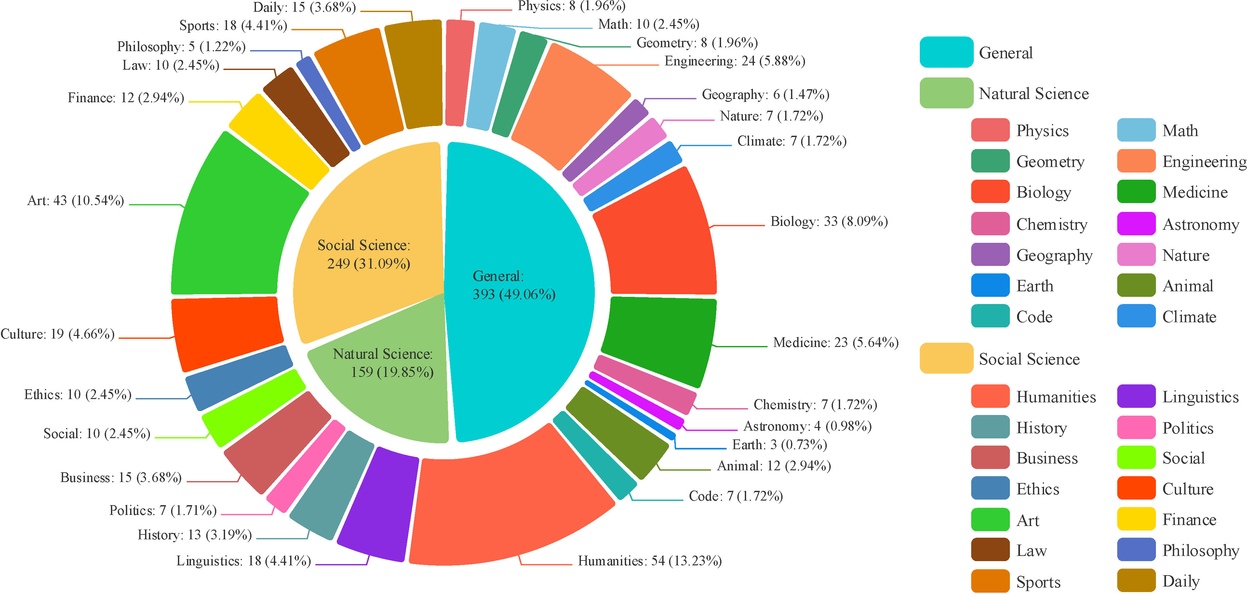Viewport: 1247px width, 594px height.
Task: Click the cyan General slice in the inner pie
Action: [518, 291]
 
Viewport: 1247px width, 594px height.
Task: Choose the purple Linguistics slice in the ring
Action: [378, 504]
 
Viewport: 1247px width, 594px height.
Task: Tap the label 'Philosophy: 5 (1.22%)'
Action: [181, 47]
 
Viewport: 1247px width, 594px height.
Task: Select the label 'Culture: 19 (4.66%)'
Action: [58, 334]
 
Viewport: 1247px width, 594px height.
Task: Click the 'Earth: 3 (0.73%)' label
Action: [779, 444]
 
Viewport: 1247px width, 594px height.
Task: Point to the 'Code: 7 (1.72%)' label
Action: [736, 496]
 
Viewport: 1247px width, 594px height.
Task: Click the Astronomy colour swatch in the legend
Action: [1136, 224]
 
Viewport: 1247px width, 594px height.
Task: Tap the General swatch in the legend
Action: [946, 52]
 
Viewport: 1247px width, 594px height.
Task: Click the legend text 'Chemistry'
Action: [1052, 224]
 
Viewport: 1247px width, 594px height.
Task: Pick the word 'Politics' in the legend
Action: [1187, 428]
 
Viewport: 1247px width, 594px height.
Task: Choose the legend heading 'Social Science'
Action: [1029, 359]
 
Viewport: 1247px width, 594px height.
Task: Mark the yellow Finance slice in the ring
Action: [278, 141]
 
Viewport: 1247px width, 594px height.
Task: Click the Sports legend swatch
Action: [990, 581]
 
